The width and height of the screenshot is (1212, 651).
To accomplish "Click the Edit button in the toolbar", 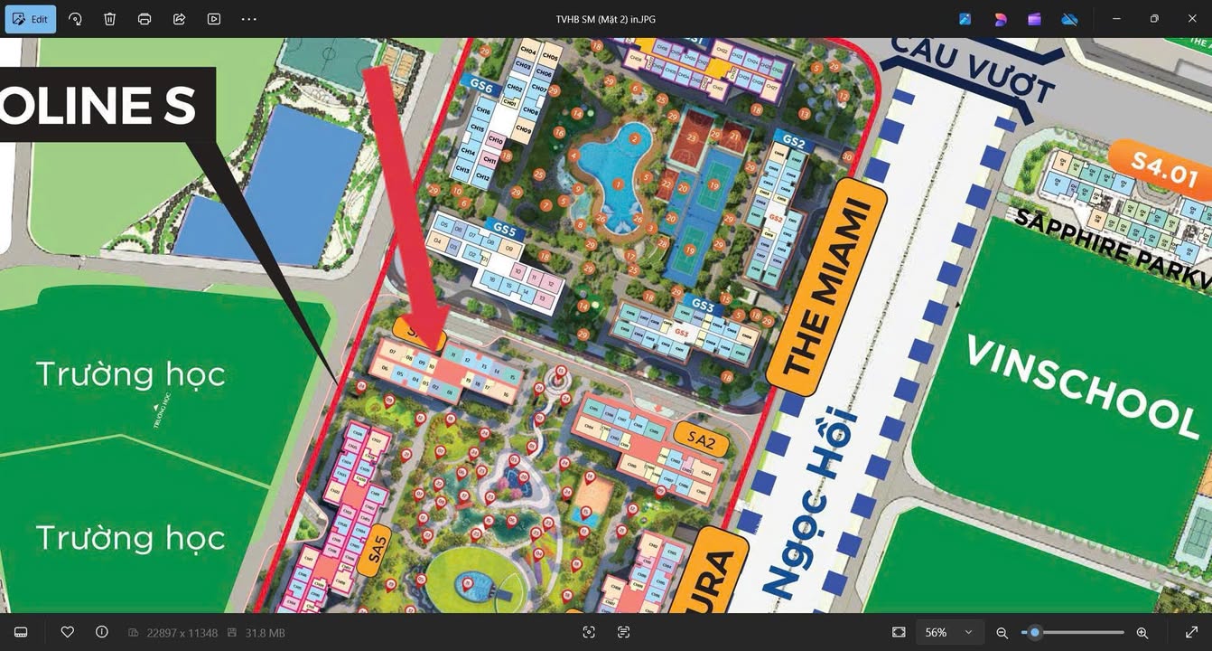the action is (x=31, y=19).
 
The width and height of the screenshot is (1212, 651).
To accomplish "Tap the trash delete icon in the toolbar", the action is (x=109, y=19).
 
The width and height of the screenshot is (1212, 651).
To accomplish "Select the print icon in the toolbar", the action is (x=145, y=19).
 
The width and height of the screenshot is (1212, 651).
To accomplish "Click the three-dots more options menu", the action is (x=249, y=19).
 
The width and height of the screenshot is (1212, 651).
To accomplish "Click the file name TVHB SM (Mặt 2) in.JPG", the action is (x=605, y=19).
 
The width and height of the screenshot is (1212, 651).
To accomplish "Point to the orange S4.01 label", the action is (x=1164, y=168).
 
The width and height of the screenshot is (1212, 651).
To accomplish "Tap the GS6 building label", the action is (x=481, y=87).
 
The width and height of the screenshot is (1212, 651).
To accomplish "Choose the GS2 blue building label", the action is (x=793, y=142).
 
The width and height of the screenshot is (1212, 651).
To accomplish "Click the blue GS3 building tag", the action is (x=704, y=307).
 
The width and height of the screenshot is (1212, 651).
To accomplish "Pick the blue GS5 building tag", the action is (x=505, y=230).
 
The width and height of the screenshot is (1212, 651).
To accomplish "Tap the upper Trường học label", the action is (x=130, y=373).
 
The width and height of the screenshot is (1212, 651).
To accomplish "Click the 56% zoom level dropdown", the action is (x=947, y=632).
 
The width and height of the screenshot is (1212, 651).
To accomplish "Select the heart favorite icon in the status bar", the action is (x=67, y=632).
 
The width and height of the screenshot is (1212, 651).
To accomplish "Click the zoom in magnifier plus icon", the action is (x=1142, y=633).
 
